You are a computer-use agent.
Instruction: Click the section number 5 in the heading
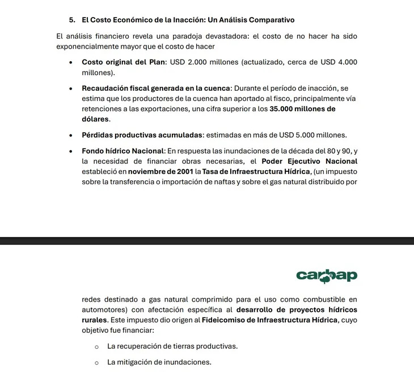click(x=71, y=20)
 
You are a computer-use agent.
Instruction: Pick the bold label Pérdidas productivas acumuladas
click(x=142, y=135)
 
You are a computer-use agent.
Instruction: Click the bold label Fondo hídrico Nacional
click(x=122, y=150)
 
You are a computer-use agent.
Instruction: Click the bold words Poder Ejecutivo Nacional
click(x=309, y=161)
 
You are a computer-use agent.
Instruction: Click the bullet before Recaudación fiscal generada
click(x=70, y=88)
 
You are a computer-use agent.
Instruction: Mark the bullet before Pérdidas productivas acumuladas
click(x=70, y=135)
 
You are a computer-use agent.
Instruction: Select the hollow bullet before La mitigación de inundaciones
click(x=97, y=362)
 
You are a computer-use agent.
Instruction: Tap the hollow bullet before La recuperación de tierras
click(x=97, y=346)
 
